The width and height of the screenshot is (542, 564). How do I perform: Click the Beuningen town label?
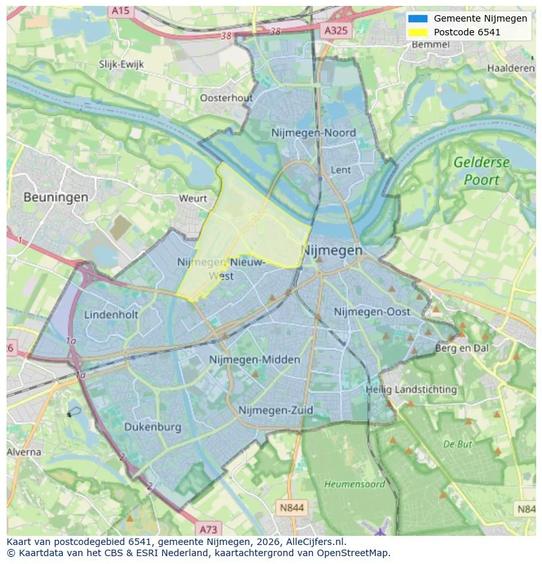56,197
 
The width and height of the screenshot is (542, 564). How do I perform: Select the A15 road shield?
120,10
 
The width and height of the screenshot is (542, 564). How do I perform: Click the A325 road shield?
336,30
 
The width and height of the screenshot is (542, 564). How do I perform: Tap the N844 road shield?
292,507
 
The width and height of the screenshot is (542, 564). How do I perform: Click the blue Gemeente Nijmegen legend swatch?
417,18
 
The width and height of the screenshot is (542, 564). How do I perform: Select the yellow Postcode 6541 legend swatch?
417,32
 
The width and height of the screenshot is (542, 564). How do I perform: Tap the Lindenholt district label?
111,314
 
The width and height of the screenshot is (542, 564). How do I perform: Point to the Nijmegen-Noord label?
314,133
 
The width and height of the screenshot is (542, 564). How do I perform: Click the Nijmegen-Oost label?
372,312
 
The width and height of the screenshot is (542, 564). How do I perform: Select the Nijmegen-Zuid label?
276,411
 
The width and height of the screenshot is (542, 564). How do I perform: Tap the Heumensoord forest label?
355,484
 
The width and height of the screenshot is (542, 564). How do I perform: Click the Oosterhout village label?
226,98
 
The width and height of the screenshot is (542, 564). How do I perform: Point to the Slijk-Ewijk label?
121,64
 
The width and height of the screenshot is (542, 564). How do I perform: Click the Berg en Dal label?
462,348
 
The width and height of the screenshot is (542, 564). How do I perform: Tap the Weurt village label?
192,198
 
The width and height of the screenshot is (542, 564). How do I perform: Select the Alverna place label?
24,452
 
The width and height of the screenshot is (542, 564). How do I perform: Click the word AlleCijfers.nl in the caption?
316,542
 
